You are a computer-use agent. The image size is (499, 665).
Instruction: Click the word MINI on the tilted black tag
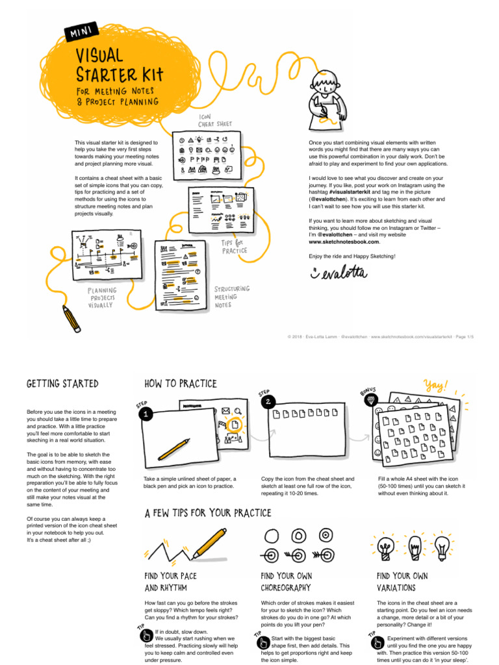coord(81,31)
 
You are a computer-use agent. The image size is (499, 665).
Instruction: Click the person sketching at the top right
coord(326,97)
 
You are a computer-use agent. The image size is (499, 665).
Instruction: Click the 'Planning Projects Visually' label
coord(103,298)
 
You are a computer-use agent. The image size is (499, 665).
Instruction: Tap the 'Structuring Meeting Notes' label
coord(232,296)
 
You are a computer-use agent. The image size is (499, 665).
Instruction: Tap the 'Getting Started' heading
coord(62,384)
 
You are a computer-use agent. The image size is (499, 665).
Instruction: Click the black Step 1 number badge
coord(147,414)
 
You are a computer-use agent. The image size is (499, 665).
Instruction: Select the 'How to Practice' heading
coord(181,384)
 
